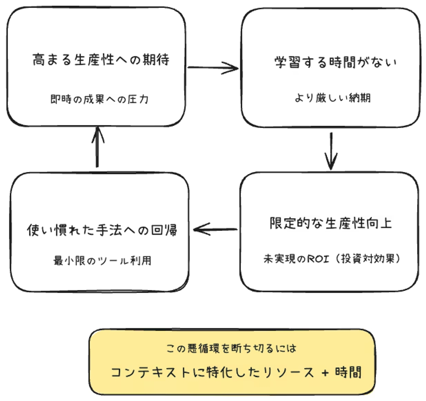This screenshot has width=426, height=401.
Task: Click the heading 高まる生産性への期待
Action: (101, 60)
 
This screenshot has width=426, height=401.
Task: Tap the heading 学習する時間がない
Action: (335, 63)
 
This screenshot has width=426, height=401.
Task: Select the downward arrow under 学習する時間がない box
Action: (331, 151)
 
